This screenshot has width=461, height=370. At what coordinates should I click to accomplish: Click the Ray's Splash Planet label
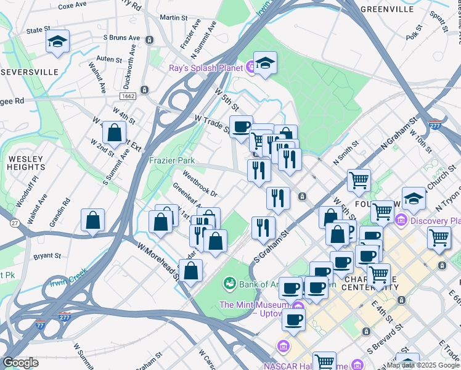[x=206, y=68]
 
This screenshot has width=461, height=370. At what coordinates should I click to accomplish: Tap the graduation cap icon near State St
[x=57, y=42]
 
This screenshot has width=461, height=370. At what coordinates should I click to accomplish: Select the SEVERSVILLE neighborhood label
[x=29, y=72]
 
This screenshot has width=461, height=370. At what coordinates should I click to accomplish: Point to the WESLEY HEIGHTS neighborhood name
[x=27, y=163]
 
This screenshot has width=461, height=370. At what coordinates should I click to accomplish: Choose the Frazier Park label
[x=172, y=160]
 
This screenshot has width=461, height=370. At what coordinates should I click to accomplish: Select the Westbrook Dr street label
[x=196, y=186]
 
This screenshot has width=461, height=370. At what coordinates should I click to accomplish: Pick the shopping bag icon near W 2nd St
[x=115, y=131]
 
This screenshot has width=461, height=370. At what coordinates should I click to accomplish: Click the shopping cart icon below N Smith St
[x=359, y=180]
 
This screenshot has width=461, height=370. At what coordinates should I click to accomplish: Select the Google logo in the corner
[x=21, y=363]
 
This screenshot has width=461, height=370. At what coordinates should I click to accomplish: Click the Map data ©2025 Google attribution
[x=423, y=365]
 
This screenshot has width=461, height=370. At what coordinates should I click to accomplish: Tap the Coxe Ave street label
[x=72, y=5]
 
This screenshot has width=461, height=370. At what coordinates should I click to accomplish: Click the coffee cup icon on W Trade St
[x=241, y=126]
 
